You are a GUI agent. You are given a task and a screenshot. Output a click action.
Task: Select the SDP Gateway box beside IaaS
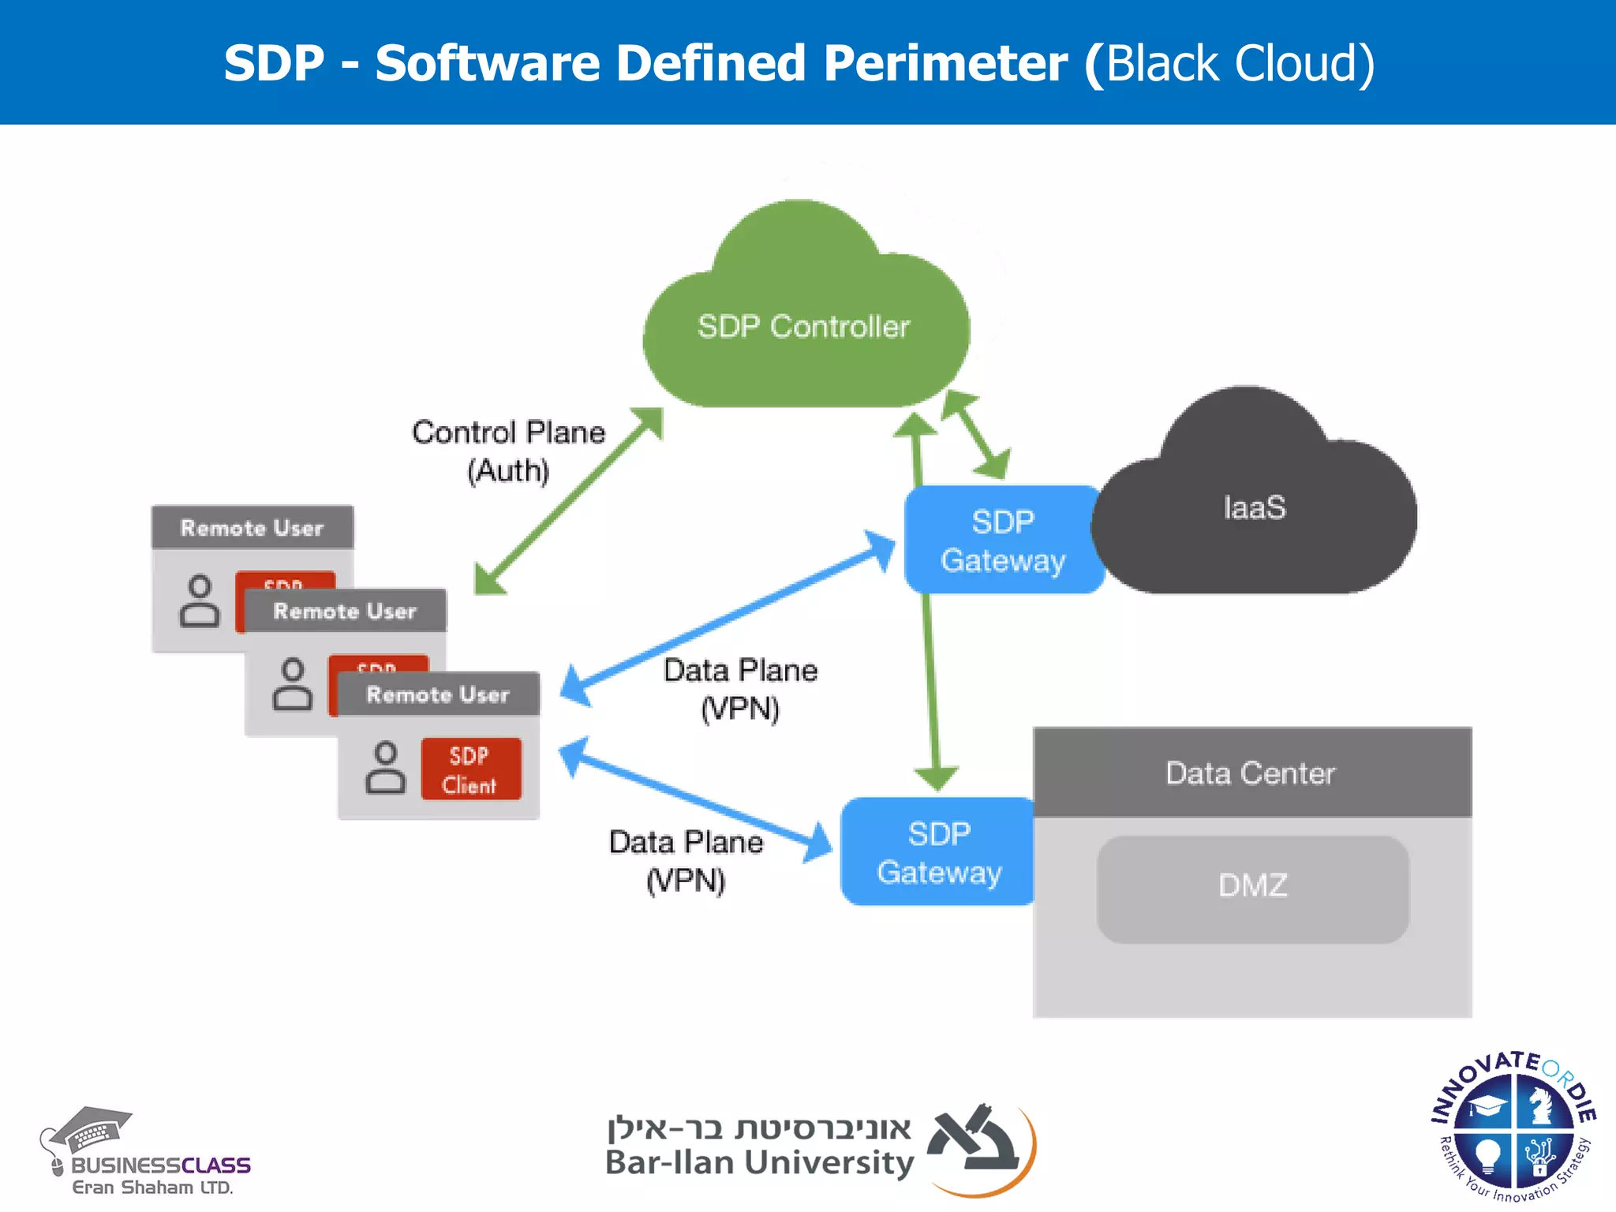click(x=1002, y=541)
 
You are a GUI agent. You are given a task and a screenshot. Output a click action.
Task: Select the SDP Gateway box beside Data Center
click(x=939, y=852)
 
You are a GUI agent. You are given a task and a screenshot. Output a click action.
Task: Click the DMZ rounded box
click(x=1252, y=888)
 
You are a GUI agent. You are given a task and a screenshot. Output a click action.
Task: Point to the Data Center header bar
click(x=1252, y=773)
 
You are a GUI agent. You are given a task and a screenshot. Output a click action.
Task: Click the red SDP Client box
click(x=470, y=769)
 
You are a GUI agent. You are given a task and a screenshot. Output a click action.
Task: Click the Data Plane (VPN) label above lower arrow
click(x=740, y=689)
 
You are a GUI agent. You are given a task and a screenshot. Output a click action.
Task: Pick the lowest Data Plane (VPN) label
click(x=686, y=861)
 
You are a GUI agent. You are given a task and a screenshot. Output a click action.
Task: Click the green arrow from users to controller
click(x=568, y=501)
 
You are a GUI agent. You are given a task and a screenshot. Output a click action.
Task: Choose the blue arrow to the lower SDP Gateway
click(x=694, y=797)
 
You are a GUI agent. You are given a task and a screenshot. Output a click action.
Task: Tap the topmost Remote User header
click(x=252, y=528)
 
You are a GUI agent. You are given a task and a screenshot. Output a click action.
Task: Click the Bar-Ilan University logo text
click(x=759, y=1163)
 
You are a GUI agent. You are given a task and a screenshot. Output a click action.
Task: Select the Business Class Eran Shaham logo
click(x=146, y=1156)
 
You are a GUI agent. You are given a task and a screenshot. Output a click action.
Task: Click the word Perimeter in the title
click(x=945, y=63)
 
